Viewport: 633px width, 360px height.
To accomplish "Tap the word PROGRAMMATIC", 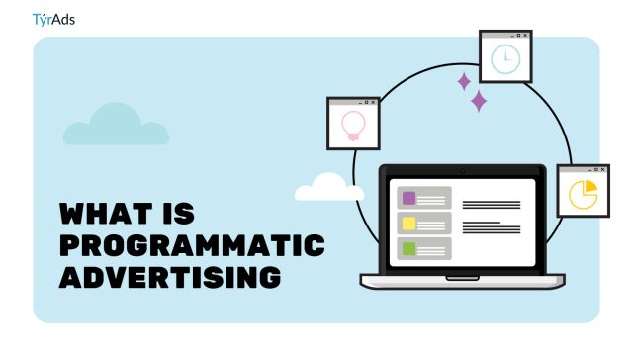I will pyautogui.click(x=192, y=245).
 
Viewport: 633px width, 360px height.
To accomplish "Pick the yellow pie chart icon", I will pyautogui.click(x=583, y=194).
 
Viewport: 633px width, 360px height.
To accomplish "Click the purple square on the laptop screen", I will pyautogui.click(x=408, y=198).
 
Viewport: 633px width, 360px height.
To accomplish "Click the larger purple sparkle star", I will pyautogui.click(x=479, y=100).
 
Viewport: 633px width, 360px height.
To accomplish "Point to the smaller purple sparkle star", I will pyautogui.click(x=463, y=81).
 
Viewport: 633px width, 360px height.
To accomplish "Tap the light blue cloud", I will pyautogui.click(x=116, y=126).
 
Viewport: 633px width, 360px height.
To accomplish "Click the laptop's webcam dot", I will pyautogui.click(x=462, y=171).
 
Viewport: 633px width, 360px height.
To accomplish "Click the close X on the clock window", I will pyautogui.click(x=526, y=35).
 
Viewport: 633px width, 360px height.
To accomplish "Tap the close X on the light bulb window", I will pyautogui.click(x=374, y=103).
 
